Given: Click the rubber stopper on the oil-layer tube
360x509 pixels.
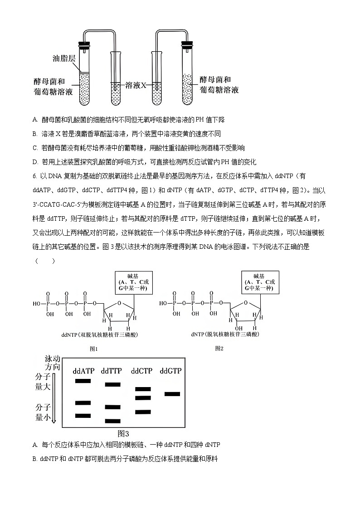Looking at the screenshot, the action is (x=83, y=45).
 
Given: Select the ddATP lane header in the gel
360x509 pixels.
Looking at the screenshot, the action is (x=84, y=371).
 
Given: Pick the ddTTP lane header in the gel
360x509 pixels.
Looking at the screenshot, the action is (x=112, y=371).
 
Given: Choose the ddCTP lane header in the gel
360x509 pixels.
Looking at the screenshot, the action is (x=141, y=371).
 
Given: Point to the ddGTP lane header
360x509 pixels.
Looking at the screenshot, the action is (x=170, y=371).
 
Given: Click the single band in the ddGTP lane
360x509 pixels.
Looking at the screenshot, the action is (x=172, y=394).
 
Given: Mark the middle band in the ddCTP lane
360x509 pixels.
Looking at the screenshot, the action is (x=143, y=398).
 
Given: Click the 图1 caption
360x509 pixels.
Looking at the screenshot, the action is (x=94, y=349).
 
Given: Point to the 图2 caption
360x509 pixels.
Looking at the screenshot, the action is (x=219, y=348).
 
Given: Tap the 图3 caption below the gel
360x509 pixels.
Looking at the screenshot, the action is (x=124, y=433).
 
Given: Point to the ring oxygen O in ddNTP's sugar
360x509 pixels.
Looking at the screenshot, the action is (x=119, y=304).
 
